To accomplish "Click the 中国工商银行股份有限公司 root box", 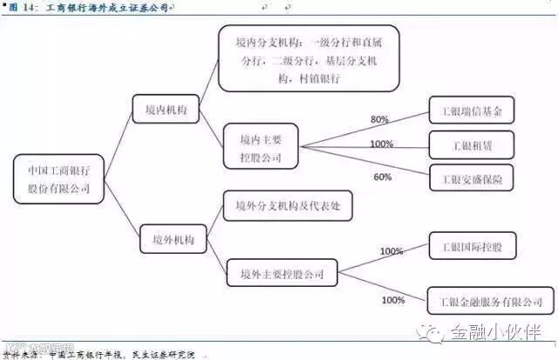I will pyautogui.click(x=59, y=179).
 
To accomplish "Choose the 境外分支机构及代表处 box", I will pyautogui.click(x=289, y=207).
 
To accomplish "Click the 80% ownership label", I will pyautogui.click(x=379, y=119).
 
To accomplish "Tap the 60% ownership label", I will pyautogui.click(x=383, y=177).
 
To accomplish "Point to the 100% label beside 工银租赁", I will pyautogui.click(x=381, y=144).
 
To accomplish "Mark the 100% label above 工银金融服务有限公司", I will pyautogui.click(x=392, y=301).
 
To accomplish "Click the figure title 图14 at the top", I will pyautogui.click(x=87, y=7).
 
